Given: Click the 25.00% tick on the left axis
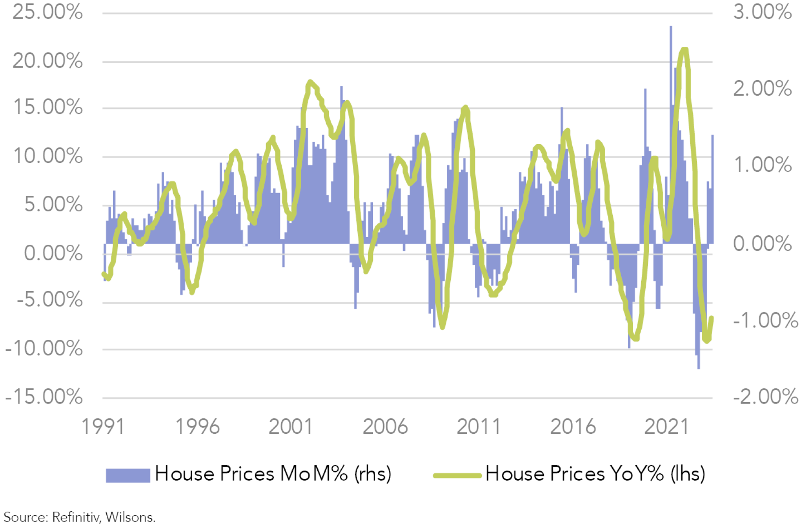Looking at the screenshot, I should [48, 12].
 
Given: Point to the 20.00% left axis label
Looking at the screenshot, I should [48, 61].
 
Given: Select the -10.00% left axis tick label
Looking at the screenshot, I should [44, 348].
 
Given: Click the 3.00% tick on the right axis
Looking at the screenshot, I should [762, 12].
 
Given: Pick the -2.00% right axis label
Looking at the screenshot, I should [765, 396].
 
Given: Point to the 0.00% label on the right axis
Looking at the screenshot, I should [762, 243].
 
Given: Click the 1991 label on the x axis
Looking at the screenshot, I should [103, 427].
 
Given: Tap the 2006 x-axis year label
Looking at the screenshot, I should [385, 427].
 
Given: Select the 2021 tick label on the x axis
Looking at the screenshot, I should [666, 427].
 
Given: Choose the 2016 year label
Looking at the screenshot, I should [573, 427].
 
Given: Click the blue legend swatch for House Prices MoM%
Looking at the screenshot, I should [128, 475].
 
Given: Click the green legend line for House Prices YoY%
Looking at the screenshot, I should [457, 475].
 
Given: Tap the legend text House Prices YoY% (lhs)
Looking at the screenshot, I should [595, 474].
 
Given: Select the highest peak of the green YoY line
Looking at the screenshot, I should [684, 50].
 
